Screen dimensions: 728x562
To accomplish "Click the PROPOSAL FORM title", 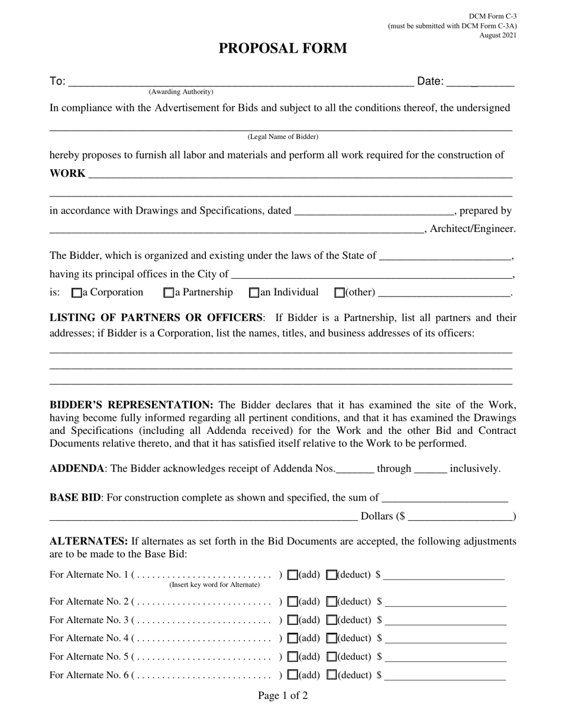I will coord(283,49).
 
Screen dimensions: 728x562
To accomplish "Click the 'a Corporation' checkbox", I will coord(76,292).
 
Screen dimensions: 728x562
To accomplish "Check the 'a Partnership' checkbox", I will coord(169,292).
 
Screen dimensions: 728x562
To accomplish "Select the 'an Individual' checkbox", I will coord(254,292).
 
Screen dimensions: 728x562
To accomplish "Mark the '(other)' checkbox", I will coord(340,292).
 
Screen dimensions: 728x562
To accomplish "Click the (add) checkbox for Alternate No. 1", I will coord(292,575).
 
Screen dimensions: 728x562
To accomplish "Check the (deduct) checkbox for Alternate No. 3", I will coord(332,620).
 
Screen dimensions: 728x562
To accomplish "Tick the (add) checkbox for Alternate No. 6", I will coord(292,675).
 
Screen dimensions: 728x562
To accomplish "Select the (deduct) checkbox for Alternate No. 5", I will coord(332,657).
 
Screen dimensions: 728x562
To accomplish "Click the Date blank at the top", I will coord(480,82).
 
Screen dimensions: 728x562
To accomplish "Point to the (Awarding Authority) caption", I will coord(181,92).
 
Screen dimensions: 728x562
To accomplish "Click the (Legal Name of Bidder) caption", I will coord(283,137).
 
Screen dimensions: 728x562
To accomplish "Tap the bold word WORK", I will coord(67,173).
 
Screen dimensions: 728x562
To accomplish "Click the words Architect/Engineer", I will coord(473,228).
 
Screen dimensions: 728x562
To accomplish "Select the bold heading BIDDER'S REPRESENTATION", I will coord(131,405).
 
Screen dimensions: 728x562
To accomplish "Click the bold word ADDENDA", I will coord(77,469).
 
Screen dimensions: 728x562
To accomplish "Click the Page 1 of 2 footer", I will coord(283,695).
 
